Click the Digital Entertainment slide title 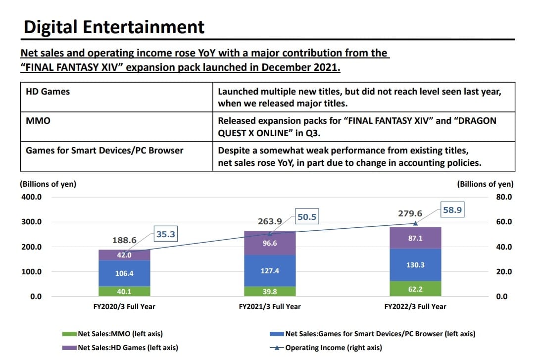click(114, 27)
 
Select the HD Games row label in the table click(48, 92)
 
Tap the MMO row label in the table click(38, 120)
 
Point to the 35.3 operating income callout click(165, 234)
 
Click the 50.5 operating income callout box click(306, 216)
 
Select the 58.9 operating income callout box click(452, 210)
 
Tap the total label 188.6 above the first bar click(124, 240)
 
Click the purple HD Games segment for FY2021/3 click(269, 243)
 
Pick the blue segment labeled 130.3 click(415, 265)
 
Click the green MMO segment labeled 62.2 click(415, 289)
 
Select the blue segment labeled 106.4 click(124, 273)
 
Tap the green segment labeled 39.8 click(269, 292)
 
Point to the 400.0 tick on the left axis click(31, 197)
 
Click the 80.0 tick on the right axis click(504, 197)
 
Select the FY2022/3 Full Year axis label click(415, 307)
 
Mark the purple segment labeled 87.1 click(415, 238)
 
